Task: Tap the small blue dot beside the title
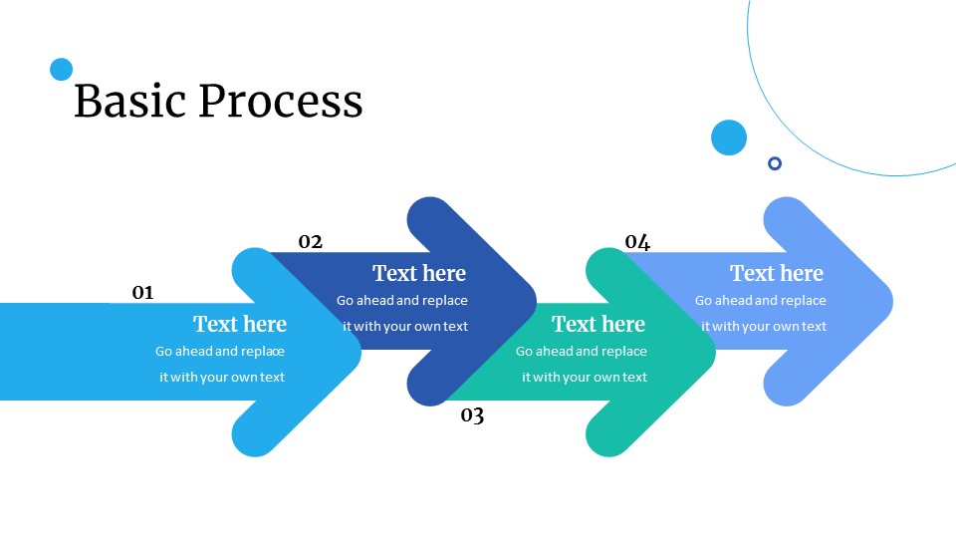(x=62, y=69)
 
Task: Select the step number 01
(x=143, y=292)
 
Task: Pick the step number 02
(x=311, y=241)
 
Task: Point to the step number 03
(x=472, y=415)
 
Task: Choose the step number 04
(x=637, y=241)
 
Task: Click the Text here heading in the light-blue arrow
(x=240, y=324)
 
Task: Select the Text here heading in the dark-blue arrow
(x=419, y=273)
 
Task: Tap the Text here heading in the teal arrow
(x=598, y=324)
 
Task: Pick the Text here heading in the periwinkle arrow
(x=777, y=273)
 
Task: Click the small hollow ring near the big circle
(x=775, y=163)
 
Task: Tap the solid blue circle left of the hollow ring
(x=729, y=137)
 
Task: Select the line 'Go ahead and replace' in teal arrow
(x=582, y=351)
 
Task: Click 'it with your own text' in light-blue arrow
(x=222, y=377)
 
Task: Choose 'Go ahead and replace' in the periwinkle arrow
(x=761, y=300)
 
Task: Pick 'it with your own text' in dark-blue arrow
(x=405, y=326)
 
